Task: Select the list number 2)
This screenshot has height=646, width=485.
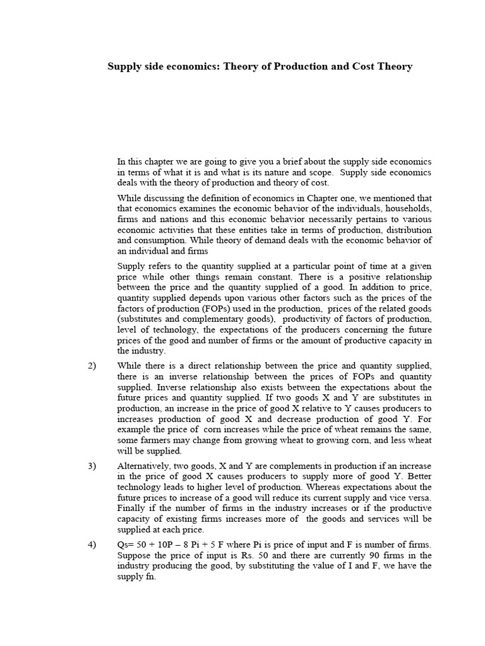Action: (92, 366)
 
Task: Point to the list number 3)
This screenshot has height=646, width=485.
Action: (92, 466)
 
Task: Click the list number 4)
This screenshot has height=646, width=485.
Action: (92, 545)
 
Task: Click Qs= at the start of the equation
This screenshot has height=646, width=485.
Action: (126, 545)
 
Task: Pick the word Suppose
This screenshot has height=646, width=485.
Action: (135, 555)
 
